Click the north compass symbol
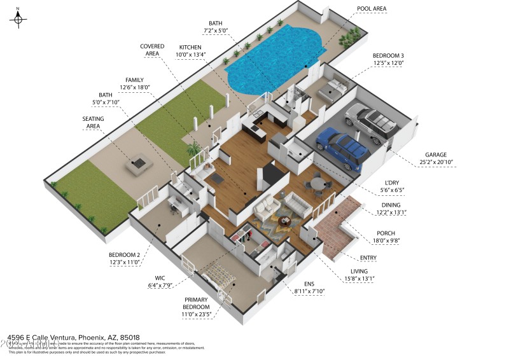(18, 19)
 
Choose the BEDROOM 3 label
(388, 55)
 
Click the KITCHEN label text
(190, 47)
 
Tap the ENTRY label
(368, 258)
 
